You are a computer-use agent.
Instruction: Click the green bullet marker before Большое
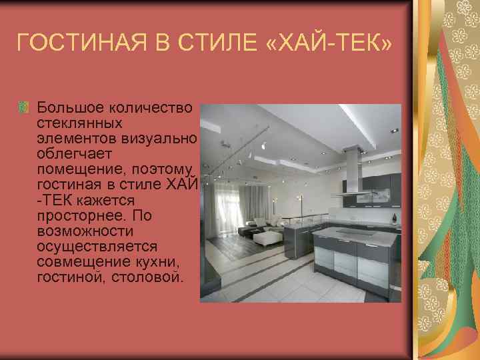(25, 107)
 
